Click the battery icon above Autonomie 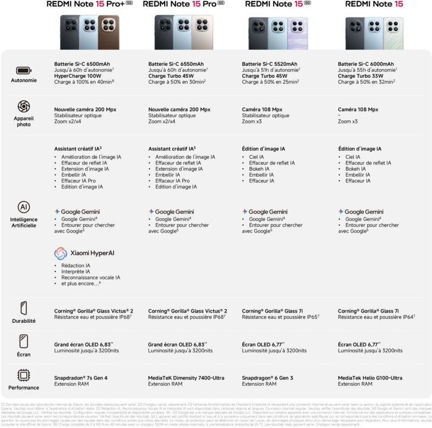pyautogui.click(x=24, y=70)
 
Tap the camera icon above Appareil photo pyautogui.click(x=24, y=106)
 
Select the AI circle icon pyautogui.click(x=24, y=207)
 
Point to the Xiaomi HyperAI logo pyautogui.click(x=84, y=253)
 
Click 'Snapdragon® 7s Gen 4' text pyautogui.click(x=81, y=378)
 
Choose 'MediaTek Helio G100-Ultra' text pyautogui.click(x=370, y=378)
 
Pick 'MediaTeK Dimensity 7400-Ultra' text pyautogui.click(x=186, y=378)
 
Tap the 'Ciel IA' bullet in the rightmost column pyautogui.click(x=353, y=157)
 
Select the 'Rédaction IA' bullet pyautogui.click(x=76, y=266)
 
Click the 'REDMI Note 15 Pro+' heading pyautogui.click(x=90, y=4)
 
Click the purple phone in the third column pyautogui.click(x=298, y=33)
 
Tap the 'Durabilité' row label pyautogui.click(x=24, y=321)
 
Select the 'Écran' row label pyautogui.click(x=24, y=355)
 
